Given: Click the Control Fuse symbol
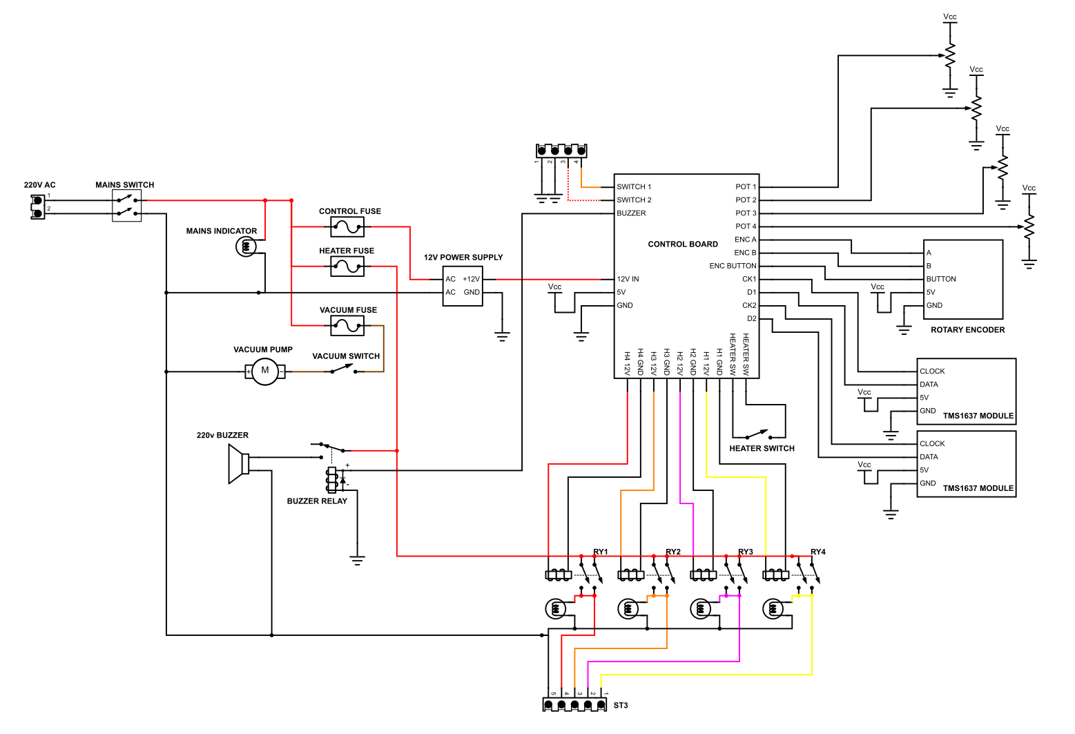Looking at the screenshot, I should tap(347, 226).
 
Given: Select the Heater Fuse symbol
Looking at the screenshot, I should tap(347, 266).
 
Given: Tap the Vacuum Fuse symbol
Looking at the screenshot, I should tap(347, 325).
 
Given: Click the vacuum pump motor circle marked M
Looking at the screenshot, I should tap(264, 371).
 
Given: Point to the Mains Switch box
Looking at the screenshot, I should tap(126, 206).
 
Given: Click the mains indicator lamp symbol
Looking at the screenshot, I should tap(246, 246).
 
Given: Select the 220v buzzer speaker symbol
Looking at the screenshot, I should tap(238, 464).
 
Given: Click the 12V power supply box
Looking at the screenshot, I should tap(463, 286).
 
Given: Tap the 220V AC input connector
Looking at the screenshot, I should tap(37, 206).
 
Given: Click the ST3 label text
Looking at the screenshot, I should tap(621, 705).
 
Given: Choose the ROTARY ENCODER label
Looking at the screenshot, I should tap(967, 330).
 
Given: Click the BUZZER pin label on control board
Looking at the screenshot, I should tap(631, 213).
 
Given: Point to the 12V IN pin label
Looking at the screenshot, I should tap(628, 279).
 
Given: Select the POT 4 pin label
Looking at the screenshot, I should tap(746, 226).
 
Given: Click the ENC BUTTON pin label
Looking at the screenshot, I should tap(733, 266).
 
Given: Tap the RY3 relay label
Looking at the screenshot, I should tap(745, 552).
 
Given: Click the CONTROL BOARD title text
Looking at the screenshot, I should tap(683, 244).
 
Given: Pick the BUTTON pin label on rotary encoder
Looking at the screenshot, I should tap(941, 279).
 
